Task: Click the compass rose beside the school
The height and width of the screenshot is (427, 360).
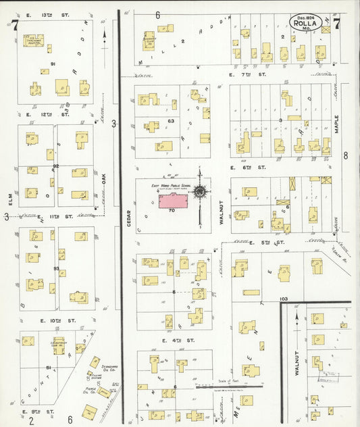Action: (201, 191)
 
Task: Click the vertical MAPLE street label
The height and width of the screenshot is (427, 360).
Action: (336, 125)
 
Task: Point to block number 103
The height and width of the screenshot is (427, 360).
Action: (282, 297)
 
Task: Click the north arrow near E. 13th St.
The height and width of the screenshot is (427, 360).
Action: (104, 37)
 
